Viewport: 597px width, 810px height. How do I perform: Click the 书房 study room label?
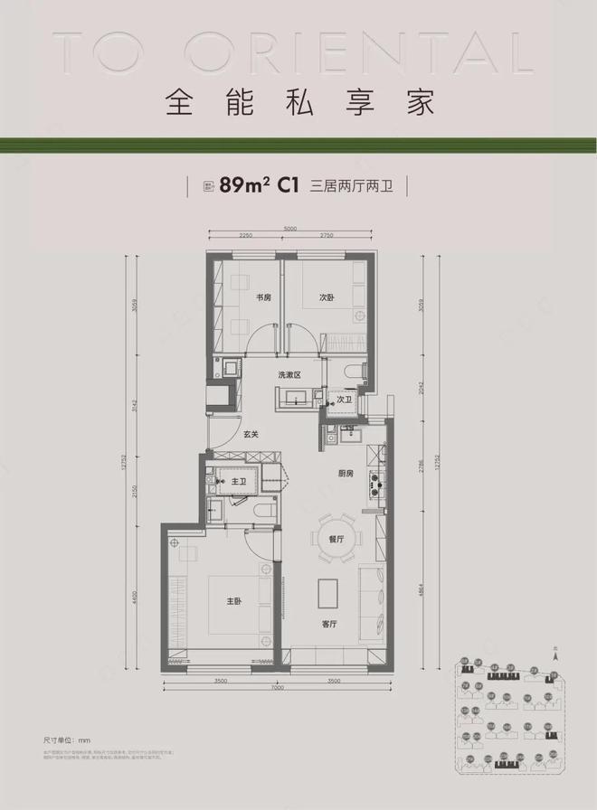(x=264, y=297)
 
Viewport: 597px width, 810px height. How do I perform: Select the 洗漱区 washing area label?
(x=289, y=374)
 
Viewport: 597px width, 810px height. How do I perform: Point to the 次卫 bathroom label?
(x=345, y=399)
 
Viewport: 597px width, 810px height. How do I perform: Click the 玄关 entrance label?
(x=251, y=435)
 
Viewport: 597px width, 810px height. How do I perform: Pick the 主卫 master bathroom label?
(x=239, y=482)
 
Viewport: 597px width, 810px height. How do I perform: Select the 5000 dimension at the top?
(x=289, y=229)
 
